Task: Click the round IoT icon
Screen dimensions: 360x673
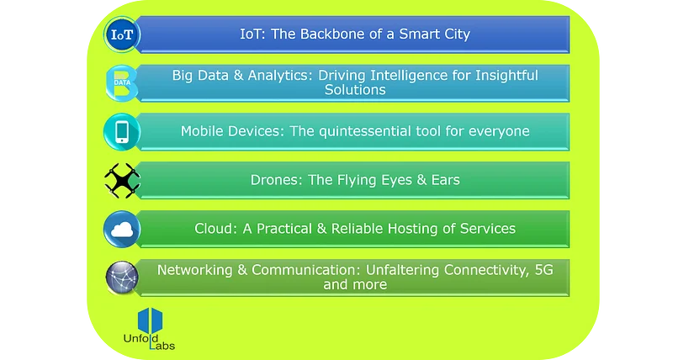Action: [121, 34]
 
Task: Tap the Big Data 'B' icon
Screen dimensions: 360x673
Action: [121, 83]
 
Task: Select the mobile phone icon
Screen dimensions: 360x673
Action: [121, 132]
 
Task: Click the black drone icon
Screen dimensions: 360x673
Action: [122, 180]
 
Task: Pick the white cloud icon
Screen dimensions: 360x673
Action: [121, 229]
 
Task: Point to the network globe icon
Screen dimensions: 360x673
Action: [121, 278]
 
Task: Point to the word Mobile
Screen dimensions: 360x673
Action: [203, 131]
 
